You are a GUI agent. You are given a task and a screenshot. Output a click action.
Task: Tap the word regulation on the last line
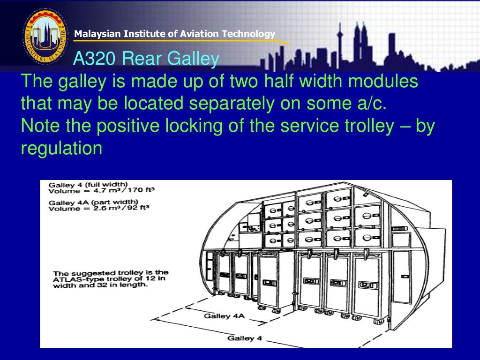click(x=61, y=148)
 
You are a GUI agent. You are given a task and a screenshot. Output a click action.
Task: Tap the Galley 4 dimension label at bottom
click(x=241, y=338)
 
